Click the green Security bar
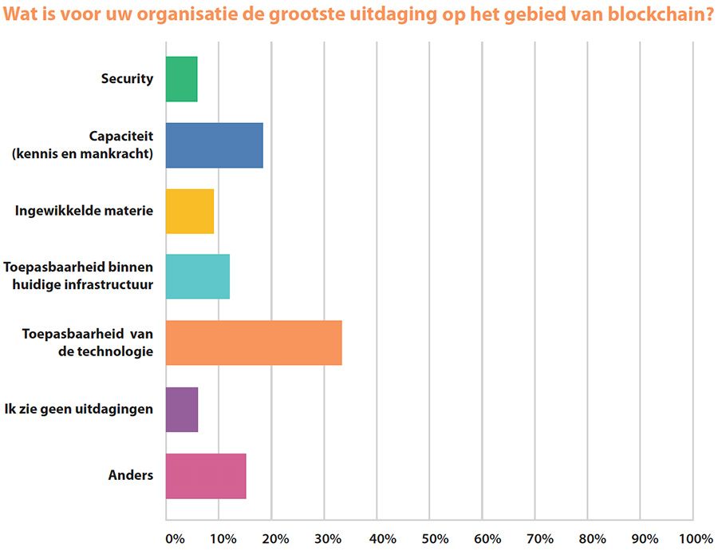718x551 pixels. (182, 79)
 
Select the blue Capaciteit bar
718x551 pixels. (215, 145)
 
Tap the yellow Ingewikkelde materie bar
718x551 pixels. (190, 211)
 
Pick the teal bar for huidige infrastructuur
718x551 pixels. (198, 276)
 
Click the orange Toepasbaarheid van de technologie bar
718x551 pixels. (254, 343)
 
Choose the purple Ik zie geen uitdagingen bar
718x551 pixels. (182, 409)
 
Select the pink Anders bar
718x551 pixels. (206, 475)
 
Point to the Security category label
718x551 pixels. (127, 79)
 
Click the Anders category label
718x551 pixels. (131, 475)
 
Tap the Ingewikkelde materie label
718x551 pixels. (84, 211)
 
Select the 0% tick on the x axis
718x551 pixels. (175, 538)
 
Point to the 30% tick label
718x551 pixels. (330, 538)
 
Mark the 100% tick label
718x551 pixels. (696, 538)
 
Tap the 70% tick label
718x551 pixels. (540, 538)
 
